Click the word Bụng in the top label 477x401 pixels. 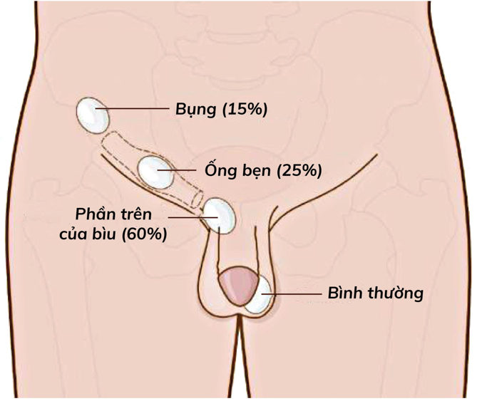tap(196, 110)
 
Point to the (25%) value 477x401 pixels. tap(299, 170)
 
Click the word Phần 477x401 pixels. tap(93, 214)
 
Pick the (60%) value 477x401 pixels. tap(145, 234)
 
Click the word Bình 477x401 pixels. tap(345, 293)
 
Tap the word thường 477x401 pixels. tap(396, 293)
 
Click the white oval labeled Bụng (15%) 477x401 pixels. tap(93, 115)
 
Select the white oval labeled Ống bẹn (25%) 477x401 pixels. tap(156, 172)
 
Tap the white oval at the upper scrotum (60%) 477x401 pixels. tap(220, 216)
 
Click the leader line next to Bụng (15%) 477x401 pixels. tap(133, 108)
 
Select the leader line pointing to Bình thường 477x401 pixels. tap(292, 294)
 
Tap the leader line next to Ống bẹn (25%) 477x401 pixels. tap(177, 170)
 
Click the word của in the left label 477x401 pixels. tap(73, 234)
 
